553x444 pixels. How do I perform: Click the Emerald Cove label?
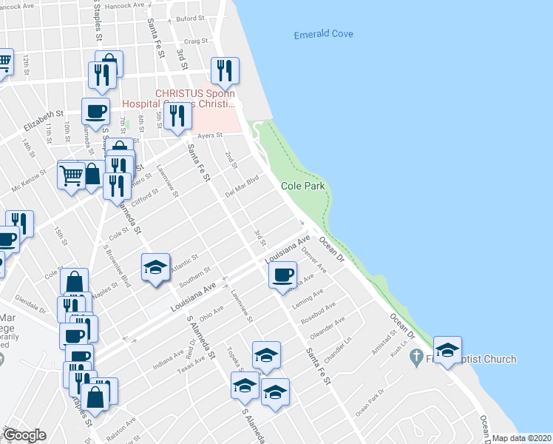[x=323, y=34]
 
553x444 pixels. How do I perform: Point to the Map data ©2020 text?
[x=522, y=438]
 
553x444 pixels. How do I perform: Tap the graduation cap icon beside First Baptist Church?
[x=447, y=351]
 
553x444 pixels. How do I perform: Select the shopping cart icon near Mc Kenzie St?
[x=71, y=175]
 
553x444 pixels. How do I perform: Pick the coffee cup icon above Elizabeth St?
[x=95, y=112]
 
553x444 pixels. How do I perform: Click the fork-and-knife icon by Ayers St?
[x=177, y=116]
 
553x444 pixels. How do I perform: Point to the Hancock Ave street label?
[x=129, y=5]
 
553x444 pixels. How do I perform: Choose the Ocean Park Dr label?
[x=370, y=402]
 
